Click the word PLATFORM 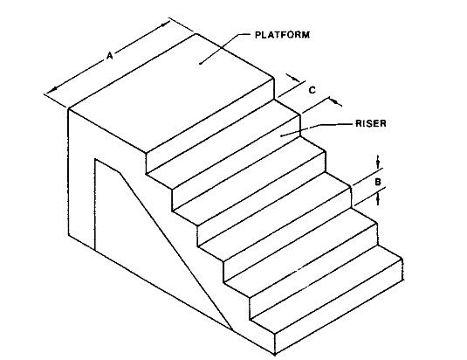[282, 35]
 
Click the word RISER [370, 123]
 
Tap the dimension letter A [110, 55]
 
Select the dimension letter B [378, 182]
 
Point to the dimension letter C [312, 90]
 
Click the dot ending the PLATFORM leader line [201, 63]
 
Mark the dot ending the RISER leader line [281, 135]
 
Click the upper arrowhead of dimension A [164, 25]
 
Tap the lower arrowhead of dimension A [55, 89]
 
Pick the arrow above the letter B [378, 162]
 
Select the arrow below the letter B [378, 198]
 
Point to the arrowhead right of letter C [335, 102]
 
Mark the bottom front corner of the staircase [275, 355]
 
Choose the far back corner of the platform [196, 34]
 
